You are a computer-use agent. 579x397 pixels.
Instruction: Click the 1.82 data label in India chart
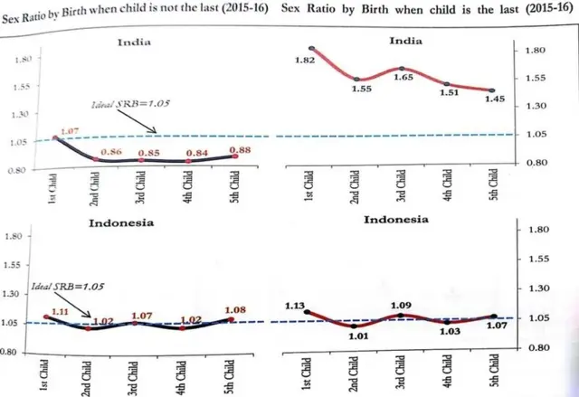(x=304, y=60)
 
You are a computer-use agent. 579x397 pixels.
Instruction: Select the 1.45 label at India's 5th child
(x=490, y=101)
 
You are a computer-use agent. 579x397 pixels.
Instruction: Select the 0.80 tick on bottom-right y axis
(x=537, y=347)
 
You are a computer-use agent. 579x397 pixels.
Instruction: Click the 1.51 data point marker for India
(x=447, y=83)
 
